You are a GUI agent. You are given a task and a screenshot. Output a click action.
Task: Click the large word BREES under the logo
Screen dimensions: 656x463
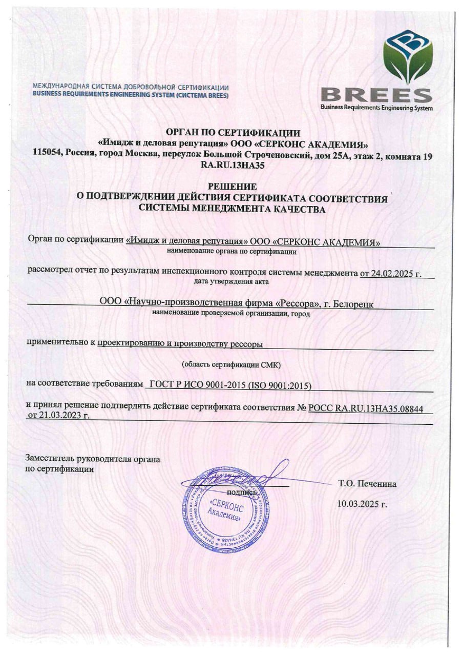[376, 95]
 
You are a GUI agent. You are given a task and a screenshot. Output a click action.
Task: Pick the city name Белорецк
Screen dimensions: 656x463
[353, 304]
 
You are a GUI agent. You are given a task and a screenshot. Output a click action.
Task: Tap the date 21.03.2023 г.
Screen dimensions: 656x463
[58, 416]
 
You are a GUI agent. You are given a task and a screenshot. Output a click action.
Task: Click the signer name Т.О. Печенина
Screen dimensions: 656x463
[367, 483]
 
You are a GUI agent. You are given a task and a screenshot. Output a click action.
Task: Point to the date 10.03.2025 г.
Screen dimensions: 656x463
[362, 504]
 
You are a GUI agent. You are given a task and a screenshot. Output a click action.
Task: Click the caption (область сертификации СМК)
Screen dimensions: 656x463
[231, 364]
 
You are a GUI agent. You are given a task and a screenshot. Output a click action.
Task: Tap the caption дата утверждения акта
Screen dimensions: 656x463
[231, 282]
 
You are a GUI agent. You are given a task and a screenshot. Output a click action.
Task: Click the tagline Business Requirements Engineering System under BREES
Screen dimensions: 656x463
[376, 108]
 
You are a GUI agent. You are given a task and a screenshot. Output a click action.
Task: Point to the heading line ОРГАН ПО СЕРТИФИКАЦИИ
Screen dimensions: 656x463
[231, 134]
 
